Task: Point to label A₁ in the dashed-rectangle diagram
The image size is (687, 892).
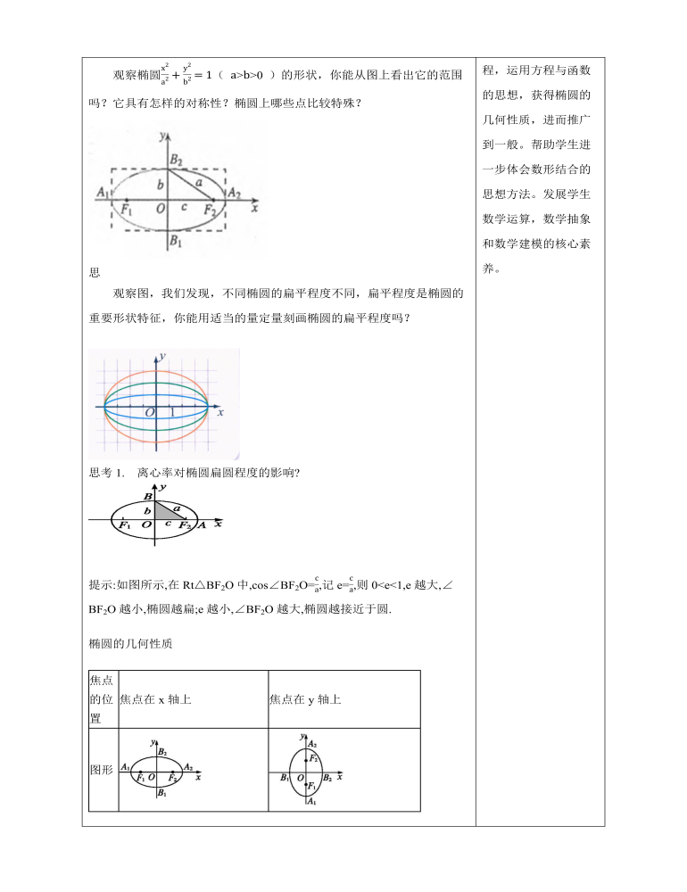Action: (101, 192)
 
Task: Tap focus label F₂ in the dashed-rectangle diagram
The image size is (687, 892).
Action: (211, 210)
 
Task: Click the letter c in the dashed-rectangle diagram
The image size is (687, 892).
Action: (184, 207)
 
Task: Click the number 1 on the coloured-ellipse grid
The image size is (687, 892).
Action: (172, 413)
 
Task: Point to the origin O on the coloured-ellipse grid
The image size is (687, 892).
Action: (151, 413)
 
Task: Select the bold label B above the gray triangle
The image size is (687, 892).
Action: (147, 496)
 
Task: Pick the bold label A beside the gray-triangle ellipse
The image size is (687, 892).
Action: (202, 525)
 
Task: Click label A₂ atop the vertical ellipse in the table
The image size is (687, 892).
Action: (311, 742)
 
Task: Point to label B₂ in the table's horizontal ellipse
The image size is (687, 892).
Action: (161, 752)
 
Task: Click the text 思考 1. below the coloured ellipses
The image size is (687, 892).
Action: (110, 473)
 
